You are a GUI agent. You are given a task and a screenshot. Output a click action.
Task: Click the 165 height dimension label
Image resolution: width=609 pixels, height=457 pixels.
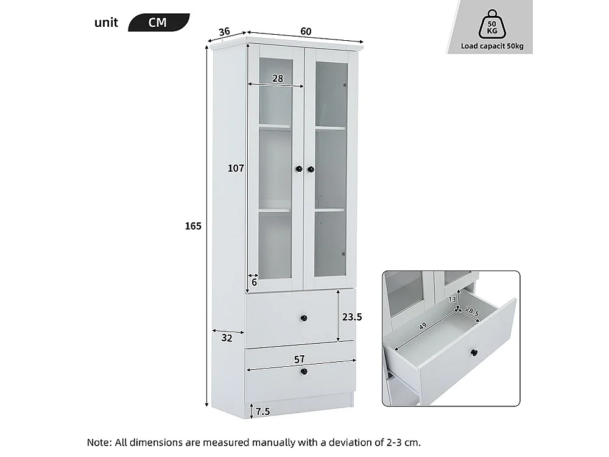pos(193,226)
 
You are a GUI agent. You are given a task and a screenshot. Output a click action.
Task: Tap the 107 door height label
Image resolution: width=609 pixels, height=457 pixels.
pos(236,169)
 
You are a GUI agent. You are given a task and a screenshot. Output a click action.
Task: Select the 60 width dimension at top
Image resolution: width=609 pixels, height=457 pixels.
pos(305,31)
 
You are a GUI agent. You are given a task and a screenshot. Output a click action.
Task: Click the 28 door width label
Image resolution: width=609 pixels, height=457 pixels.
pos(278,79)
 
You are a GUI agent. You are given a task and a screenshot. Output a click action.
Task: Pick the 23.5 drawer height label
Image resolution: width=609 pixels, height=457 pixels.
pos(352,317)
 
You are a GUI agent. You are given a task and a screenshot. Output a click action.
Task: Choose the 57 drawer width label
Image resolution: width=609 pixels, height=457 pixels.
pos(299,359)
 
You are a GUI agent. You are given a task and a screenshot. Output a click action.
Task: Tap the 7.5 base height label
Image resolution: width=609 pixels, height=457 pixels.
pos(262,411)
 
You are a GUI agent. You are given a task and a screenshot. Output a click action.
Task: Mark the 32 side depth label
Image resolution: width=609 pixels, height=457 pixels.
pos(227,339)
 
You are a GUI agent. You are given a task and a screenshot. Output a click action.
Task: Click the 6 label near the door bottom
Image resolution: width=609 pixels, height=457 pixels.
pos(254,283)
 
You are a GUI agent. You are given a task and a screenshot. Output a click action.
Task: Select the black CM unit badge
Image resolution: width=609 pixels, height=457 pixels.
pos(158,23)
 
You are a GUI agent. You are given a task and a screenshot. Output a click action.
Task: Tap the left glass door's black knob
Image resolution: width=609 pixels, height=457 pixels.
pos(299,169)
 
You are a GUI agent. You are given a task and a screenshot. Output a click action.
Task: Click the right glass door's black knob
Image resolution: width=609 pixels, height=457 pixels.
pos(311,169)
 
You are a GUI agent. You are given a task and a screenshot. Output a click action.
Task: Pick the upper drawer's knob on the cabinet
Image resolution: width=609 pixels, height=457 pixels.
pos(303,317)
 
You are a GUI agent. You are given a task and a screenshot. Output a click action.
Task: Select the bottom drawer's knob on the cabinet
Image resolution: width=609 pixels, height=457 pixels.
pos(303,371)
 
